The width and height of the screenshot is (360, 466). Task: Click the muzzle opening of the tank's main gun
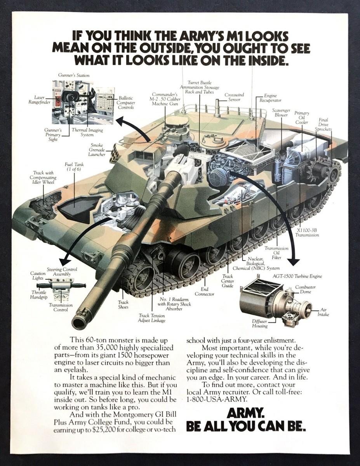pos(79,322)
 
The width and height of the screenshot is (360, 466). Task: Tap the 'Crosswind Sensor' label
pos(234,97)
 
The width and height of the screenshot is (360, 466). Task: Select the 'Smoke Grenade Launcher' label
pos(97,150)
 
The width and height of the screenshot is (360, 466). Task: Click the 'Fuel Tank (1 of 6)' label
pos(74,167)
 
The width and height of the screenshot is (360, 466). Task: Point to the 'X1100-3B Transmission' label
pos(307,232)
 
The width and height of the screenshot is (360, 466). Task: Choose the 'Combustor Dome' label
pos(305,289)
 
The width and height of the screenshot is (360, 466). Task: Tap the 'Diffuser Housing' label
pos(260,323)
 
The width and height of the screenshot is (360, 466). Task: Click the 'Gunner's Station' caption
pos(74,75)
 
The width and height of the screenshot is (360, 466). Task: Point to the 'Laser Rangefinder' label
pos(38,100)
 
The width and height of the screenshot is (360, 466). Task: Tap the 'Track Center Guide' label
pos(228,281)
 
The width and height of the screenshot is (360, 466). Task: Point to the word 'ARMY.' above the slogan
pos(246,413)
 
